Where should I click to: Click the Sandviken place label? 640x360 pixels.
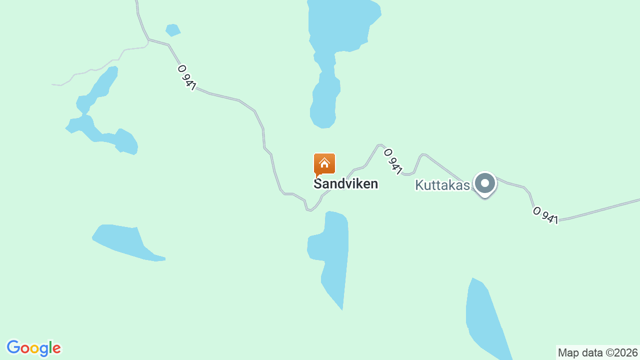pyautogui.click(x=345, y=184)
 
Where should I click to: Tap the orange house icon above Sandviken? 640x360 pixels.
pyautogui.click(x=324, y=163)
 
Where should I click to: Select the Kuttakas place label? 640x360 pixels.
pyautogui.click(x=442, y=185)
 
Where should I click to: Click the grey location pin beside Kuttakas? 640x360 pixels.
pyautogui.click(x=484, y=183)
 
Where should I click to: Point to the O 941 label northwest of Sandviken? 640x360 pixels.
pyautogui.click(x=186, y=77)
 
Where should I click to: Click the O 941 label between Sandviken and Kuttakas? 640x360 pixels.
pyautogui.click(x=393, y=161)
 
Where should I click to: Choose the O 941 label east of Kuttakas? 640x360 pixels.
pyautogui.click(x=545, y=215)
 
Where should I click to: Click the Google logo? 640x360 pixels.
pyautogui.click(x=33, y=348)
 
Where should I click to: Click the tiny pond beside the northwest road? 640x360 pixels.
pyautogui.click(x=173, y=30)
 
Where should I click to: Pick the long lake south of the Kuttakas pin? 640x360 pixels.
pyautogui.click(x=485, y=320)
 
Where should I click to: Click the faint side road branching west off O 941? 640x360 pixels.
pyautogui.click(x=100, y=67)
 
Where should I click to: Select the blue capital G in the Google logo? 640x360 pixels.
pyautogui.click(x=13, y=347)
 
